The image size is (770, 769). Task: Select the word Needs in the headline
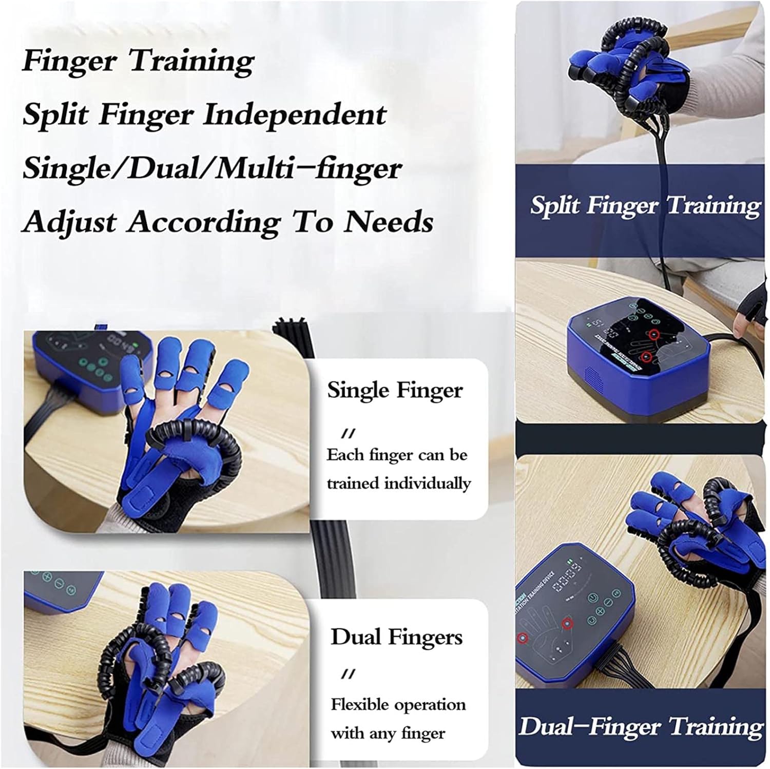pyautogui.click(x=389, y=222)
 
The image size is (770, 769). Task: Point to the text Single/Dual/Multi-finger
pyautogui.click(x=211, y=168)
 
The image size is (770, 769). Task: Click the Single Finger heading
pyautogui.click(x=395, y=391)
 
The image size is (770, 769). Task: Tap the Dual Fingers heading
pyautogui.click(x=396, y=637)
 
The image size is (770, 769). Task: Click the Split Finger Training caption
pyautogui.click(x=645, y=205)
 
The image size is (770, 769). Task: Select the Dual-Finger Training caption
pyautogui.click(x=641, y=727)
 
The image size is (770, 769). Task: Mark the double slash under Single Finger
pyautogui.click(x=349, y=434)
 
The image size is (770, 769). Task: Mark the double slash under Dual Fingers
pyautogui.click(x=349, y=674)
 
